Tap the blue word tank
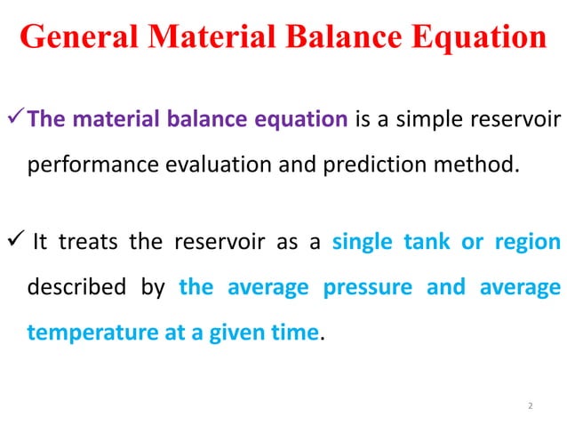(428, 242)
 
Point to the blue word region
(528, 242)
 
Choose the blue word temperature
(80, 333)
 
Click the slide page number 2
(530, 405)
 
